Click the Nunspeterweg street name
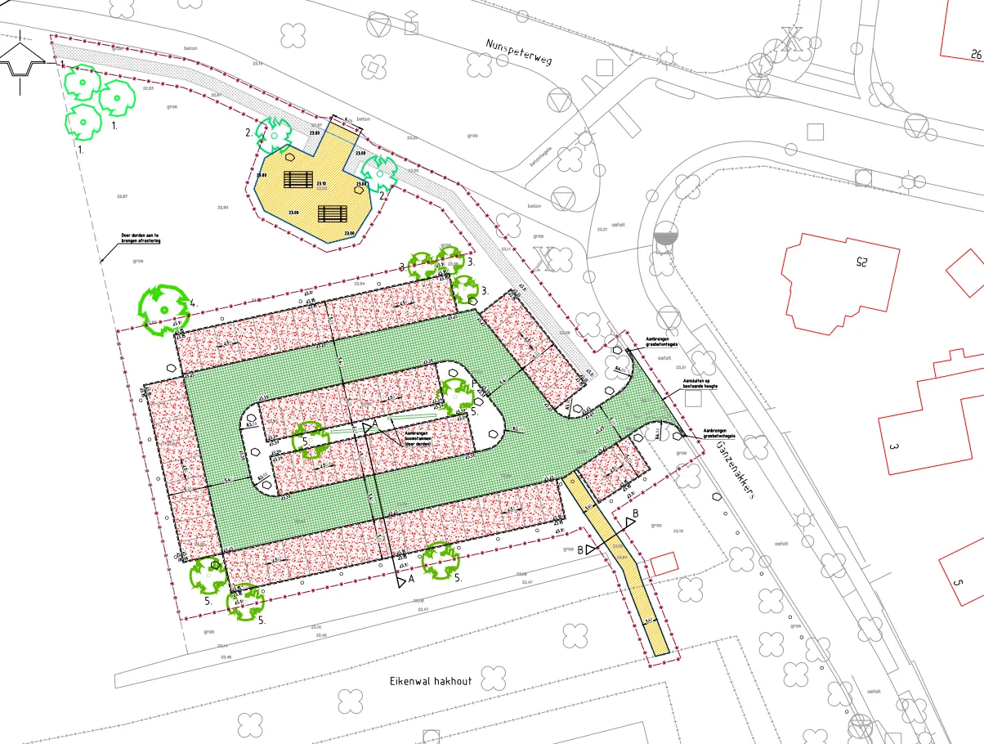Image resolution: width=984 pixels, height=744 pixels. tap(520, 58)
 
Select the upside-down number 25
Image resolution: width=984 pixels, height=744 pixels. tap(859, 262)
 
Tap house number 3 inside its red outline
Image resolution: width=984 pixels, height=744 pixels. tap(894, 447)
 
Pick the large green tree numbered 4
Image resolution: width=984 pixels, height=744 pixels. tap(163, 309)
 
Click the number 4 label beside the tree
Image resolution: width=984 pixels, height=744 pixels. tap(193, 303)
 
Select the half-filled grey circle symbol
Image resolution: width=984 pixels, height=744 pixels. tap(665, 236)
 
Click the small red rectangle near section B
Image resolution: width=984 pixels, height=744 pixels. tap(664, 563)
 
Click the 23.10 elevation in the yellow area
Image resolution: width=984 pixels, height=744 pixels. tap(322, 184)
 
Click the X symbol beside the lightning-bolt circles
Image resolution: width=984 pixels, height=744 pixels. tap(791, 39)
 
